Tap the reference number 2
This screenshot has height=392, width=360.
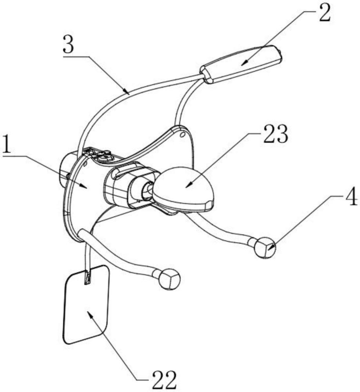tap(324, 14)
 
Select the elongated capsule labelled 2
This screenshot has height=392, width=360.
tap(241, 65)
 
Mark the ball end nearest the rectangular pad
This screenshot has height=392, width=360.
tap(169, 278)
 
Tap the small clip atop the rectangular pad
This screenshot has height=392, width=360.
tap(87, 278)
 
